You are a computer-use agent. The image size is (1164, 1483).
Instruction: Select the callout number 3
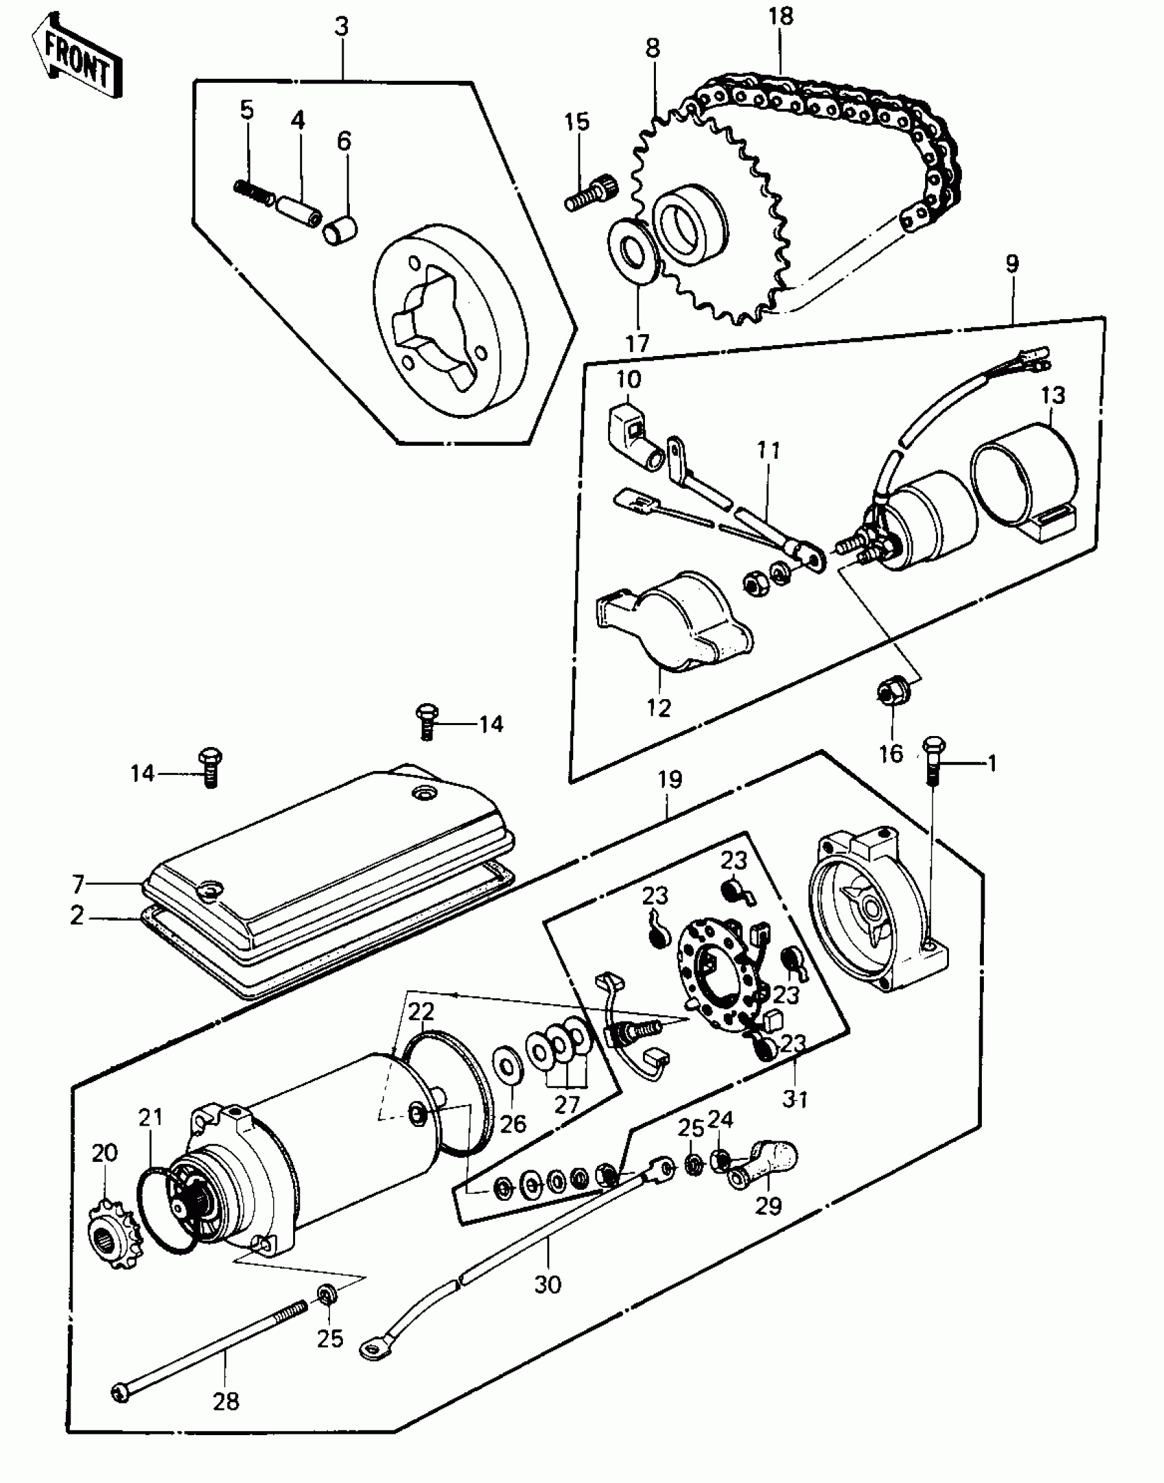342,27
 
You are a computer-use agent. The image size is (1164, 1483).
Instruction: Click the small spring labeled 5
254,191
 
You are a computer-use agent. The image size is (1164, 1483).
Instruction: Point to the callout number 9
1012,264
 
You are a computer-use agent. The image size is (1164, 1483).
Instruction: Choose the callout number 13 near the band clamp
1054,395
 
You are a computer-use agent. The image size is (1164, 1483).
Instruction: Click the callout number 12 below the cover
658,708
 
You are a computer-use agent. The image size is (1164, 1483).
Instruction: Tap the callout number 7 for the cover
78,885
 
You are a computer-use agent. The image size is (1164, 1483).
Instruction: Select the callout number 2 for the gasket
77,916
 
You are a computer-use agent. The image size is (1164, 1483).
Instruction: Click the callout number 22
421,1011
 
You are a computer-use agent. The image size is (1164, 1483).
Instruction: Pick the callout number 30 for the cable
547,1285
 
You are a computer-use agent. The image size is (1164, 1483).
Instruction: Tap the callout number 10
628,379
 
